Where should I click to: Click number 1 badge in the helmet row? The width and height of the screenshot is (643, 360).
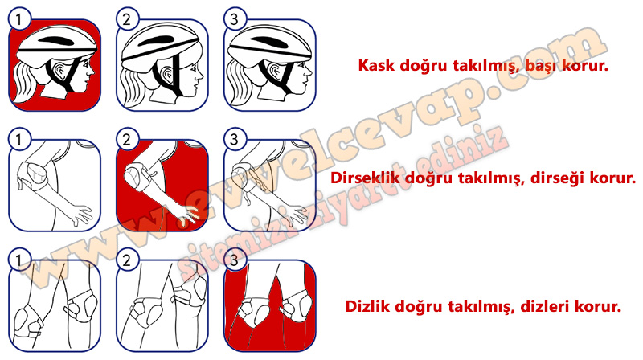pyautogui.click(x=18, y=18)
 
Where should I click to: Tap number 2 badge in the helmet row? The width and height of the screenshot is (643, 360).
pyautogui.click(x=127, y=18)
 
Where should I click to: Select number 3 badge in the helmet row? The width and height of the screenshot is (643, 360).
pyautogui.click(x=234, y=18)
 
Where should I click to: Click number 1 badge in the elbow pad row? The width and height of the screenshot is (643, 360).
pyautogui.click(x=18, y=139)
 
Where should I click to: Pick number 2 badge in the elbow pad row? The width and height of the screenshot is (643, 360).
pyautogui.click(x=127, y=139)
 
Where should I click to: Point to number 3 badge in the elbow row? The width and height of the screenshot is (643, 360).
pyautogui.click(x=234, y=139)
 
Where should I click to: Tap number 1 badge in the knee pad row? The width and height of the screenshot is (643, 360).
pyautogui.click(x=18, y=260)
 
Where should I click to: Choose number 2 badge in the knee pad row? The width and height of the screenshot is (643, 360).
pyautogui.click(x=127, y=260)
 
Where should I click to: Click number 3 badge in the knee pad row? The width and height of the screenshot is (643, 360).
pyautogui.click(x=234, y=260)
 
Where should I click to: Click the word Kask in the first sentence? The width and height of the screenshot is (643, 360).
pyautogui.click(x=376, y=65)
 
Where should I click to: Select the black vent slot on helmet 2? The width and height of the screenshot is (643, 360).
pyautogui.click(x=157, y=42)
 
